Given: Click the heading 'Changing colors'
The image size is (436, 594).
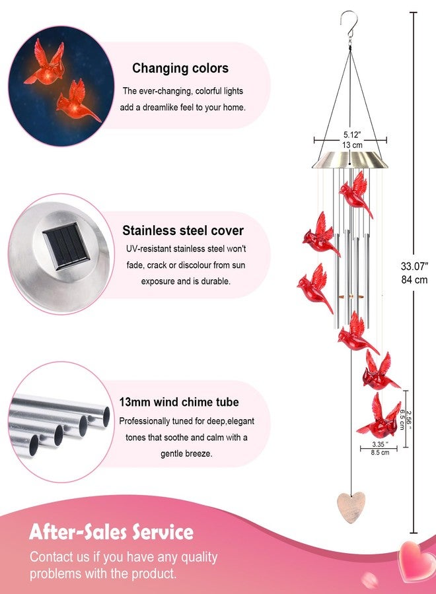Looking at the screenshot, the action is tap(180, 68).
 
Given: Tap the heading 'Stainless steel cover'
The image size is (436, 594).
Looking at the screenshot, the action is tap(183, 230).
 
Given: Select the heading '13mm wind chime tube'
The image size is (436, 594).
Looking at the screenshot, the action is tap(179, 402).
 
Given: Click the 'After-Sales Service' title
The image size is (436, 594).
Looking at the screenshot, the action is tap(111, 531).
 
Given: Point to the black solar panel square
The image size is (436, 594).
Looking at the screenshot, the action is tap(66, 246).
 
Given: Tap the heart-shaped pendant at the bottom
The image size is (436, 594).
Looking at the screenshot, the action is tap(351, 507).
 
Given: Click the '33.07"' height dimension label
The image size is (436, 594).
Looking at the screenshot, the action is tap(414, 266).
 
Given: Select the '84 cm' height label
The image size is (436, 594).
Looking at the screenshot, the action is tap(414, 280).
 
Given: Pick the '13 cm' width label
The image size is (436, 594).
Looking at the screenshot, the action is tap(352, 145).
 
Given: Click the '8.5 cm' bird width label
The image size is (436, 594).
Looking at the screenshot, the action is tap(380, 452).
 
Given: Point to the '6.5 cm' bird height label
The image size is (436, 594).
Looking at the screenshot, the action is tap(402, 419).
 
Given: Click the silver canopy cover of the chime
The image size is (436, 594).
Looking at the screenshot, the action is tap(350, 160).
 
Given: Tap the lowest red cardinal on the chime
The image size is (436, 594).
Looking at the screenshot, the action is tap(379, 416).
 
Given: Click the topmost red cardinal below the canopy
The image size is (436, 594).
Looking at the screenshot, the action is tap(355, 195).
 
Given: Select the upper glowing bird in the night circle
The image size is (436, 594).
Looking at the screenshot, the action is tap(46, 63).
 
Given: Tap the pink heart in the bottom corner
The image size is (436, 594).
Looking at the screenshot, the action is tap(418, 560).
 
